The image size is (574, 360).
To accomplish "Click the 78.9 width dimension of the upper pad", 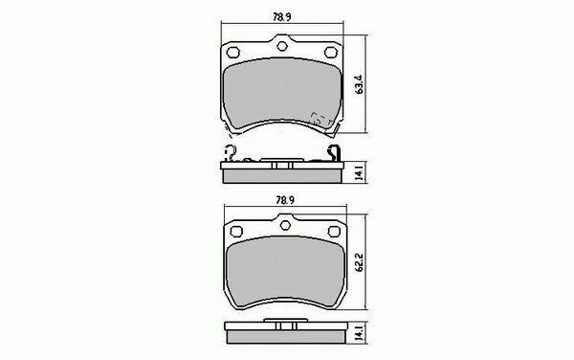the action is [282, 17].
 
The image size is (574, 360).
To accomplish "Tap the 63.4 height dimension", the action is [359, 84].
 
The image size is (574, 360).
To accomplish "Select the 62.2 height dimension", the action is [359, 262].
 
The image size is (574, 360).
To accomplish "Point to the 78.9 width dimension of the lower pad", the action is [285, 200].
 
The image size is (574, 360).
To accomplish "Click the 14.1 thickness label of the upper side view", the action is [360, 172].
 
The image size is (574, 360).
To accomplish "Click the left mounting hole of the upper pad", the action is [232, 53].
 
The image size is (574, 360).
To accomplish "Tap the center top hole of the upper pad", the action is [282, 46].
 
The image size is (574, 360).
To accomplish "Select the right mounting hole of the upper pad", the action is [331, 53].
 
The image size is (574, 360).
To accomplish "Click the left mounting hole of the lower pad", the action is [236, 231].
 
